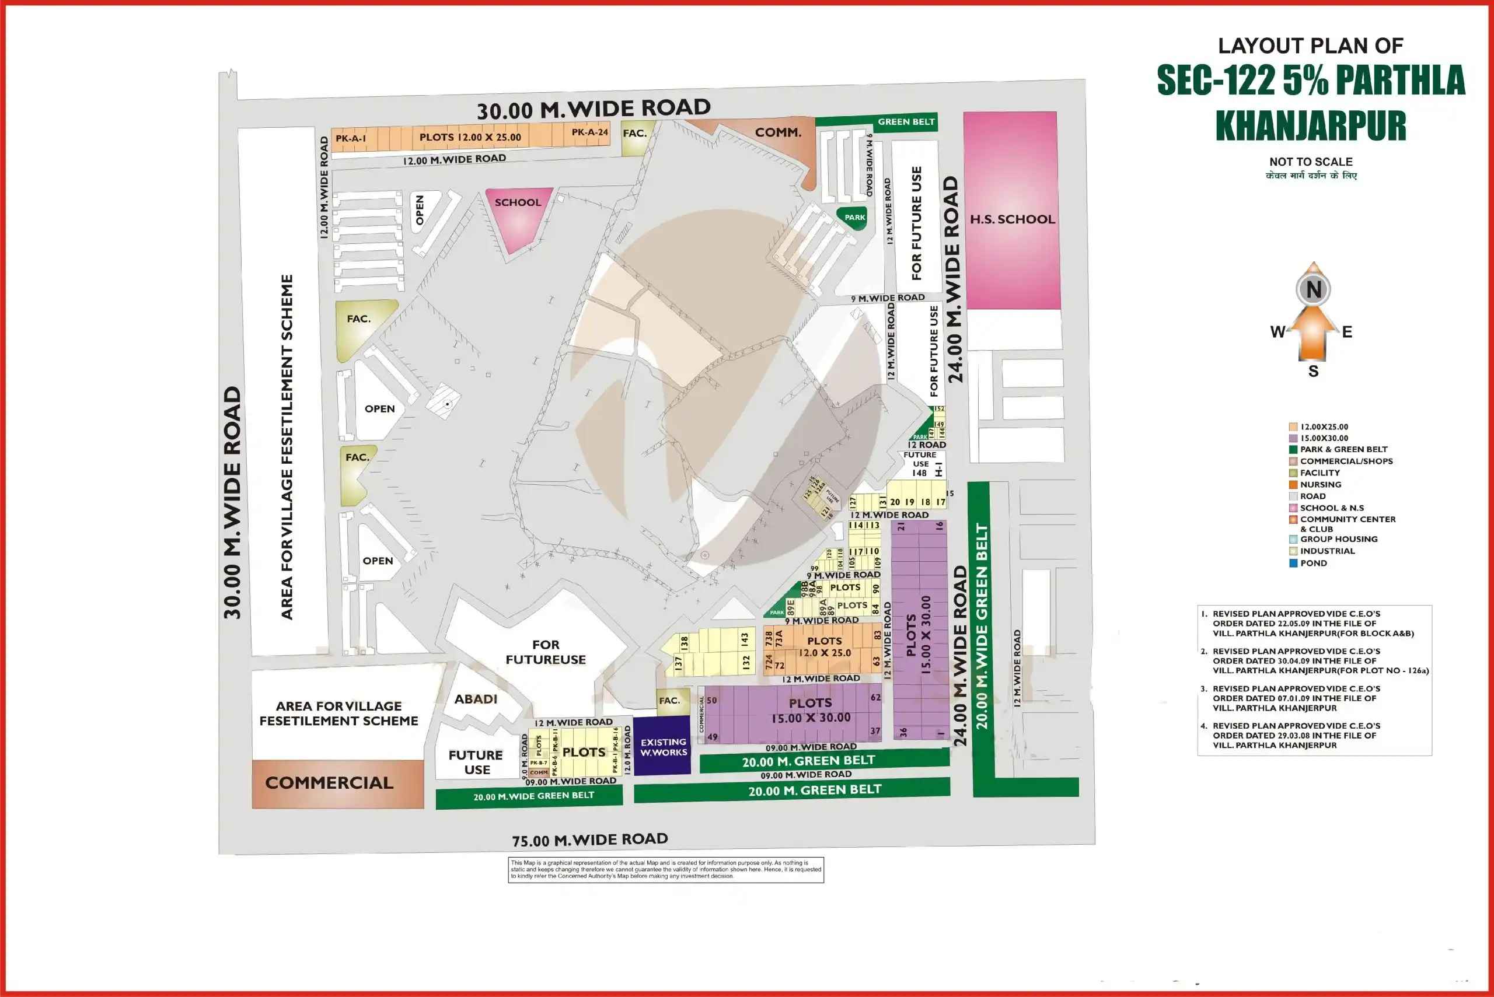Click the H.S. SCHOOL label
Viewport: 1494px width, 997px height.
[1012, 219]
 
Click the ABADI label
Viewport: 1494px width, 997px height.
[476, 699]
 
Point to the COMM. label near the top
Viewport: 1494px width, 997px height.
[777, 132]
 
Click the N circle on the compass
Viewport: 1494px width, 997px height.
[1313, 289]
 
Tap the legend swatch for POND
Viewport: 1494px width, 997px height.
[1293, 563]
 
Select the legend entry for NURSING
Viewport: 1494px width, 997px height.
[1320, 485]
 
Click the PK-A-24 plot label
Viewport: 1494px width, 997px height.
[589, 132]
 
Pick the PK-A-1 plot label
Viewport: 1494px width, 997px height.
[350, 138]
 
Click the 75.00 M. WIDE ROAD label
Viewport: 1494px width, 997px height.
[589, 840]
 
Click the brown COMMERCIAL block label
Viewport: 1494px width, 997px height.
[330, 783]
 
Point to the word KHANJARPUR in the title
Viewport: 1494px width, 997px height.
[1310, 125]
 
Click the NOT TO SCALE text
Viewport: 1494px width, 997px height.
[1311, 162]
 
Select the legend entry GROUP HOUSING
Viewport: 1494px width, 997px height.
[1338, 539]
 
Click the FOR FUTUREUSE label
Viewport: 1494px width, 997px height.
[546, 652]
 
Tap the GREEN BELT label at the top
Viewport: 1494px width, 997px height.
[906, 121]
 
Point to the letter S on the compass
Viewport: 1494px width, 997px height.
[1313, 372]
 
